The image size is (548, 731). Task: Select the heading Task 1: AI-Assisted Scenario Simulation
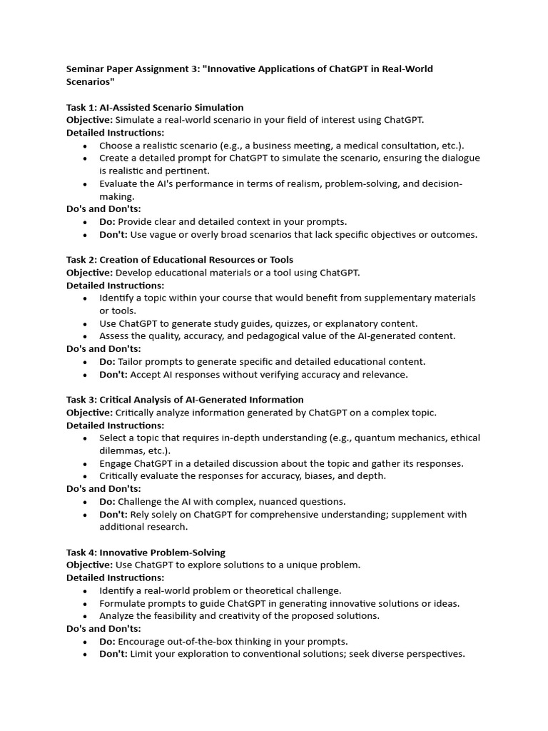click(x=155, y=107)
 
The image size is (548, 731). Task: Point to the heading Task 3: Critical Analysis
click(x=185, y=399)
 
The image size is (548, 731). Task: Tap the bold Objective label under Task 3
click(x=89, y=412)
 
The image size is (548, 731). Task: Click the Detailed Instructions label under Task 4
click(x=115, y=578)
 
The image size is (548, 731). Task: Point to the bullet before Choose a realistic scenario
click(x=85, y=146)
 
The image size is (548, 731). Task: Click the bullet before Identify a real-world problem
click(x=85, y=590)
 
